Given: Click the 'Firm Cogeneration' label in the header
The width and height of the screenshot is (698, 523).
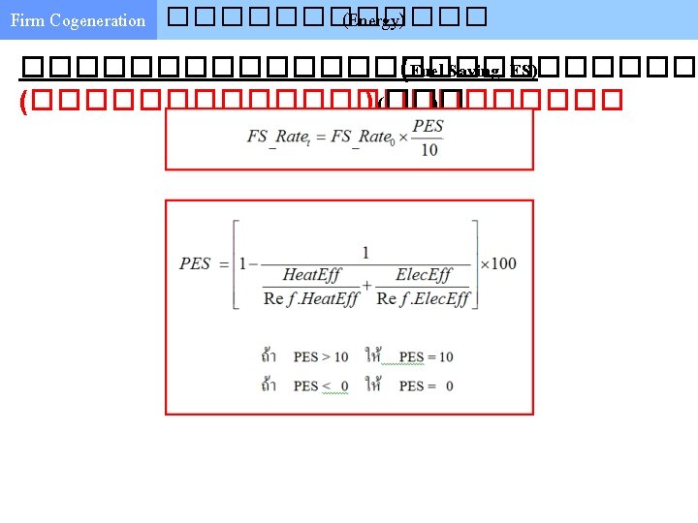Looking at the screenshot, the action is [x=78, y=20].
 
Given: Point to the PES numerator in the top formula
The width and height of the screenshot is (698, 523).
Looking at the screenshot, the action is [x=428, y=126].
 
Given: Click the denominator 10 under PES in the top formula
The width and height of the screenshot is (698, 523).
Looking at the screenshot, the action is [x=428, y=149].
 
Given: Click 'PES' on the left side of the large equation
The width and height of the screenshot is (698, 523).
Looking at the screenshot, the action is [x=195, y=263].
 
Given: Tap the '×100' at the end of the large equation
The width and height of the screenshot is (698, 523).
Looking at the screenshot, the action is [x=497, y=263].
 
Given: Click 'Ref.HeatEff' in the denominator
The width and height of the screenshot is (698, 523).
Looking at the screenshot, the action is [x=311, y=298].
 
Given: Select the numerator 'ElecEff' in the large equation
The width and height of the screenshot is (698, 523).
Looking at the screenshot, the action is [x=424, y=276].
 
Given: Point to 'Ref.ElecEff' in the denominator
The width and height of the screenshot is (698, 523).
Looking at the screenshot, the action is [x=423, y=298].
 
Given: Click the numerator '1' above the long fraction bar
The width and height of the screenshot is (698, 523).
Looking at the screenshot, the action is [x=365, y=253].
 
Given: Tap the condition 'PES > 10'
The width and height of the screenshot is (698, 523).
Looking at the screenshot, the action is [x=321, y=357].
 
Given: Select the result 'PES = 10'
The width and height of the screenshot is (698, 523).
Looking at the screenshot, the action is [x=426, y=357].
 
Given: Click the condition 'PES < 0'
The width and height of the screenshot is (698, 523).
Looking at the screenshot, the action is [x=321, y=385].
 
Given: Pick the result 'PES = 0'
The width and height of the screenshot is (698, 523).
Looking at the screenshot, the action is [x=426, y=385].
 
